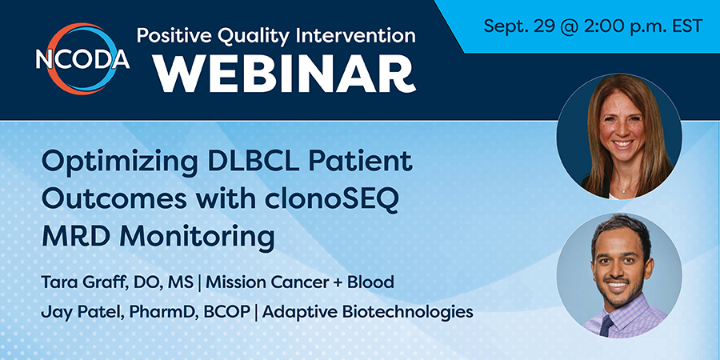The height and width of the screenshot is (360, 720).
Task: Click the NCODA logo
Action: tap(82, 58)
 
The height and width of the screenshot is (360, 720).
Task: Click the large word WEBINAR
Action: tap(285, 74)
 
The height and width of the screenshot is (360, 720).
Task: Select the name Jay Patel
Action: tap(82, 312)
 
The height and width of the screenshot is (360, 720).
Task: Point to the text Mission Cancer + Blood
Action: tap(300, 282)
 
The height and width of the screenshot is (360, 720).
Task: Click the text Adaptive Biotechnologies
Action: tap(368, 312)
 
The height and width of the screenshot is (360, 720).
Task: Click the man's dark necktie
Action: tap(606, 325)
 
